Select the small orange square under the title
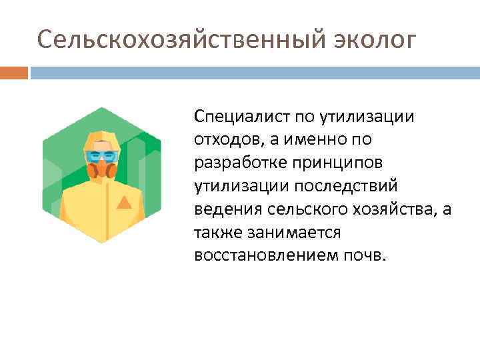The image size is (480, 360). tap(14, 73)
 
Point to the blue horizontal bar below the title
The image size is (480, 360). tap(254, 73)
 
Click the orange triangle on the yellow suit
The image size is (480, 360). tap(123, 202)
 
